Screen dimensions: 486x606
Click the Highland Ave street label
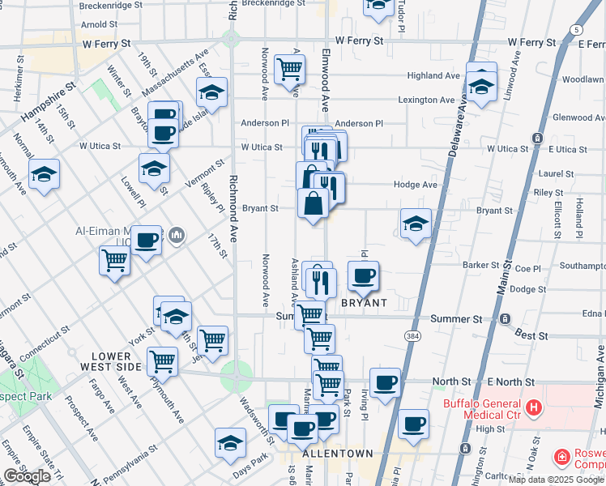click(433, 75)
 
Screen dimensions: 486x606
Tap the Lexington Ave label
click(426, 100)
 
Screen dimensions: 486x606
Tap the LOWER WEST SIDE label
click(112, 361)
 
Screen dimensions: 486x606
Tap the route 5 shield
click(574, 30)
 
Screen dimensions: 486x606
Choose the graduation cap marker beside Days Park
click(230, 443)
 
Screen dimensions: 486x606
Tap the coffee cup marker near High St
click(413, 424)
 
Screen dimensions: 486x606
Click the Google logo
click(27, 476)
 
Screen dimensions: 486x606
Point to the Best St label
click(531, 335)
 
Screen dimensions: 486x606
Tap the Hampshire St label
click(48, 104)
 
